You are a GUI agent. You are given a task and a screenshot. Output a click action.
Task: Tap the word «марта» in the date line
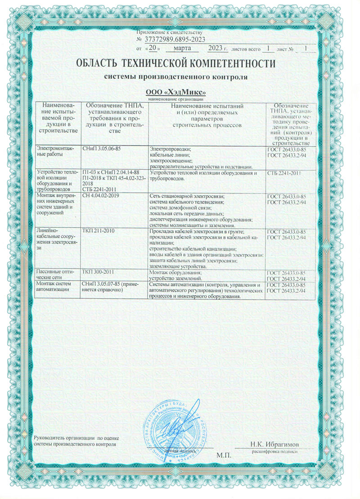pos(182,48)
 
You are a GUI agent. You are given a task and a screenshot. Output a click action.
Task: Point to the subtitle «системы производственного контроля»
pos(176,76)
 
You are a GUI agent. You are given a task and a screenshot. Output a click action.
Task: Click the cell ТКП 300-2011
pos(97,273)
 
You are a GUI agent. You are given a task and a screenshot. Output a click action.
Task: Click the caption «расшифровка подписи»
pos(274,450)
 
